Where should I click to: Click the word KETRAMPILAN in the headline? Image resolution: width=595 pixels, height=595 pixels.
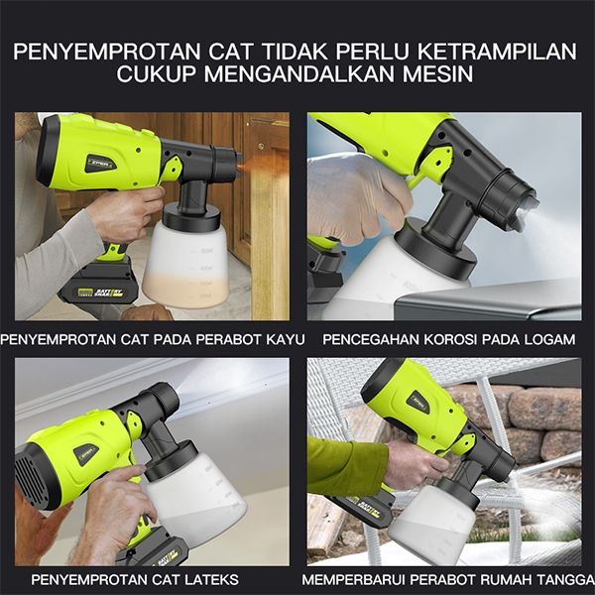(x=497, y=52)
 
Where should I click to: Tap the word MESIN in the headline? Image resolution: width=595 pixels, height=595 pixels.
(x=437, y=73)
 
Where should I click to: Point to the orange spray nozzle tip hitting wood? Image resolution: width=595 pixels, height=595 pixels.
(x=240, y=167)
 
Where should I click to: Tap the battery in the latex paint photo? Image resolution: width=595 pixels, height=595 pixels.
(x=156, y=547)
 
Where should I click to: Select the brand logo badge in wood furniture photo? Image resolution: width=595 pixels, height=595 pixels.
(x=100, y=164)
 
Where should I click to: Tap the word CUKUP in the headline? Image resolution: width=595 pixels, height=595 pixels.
(x=156, y=73)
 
